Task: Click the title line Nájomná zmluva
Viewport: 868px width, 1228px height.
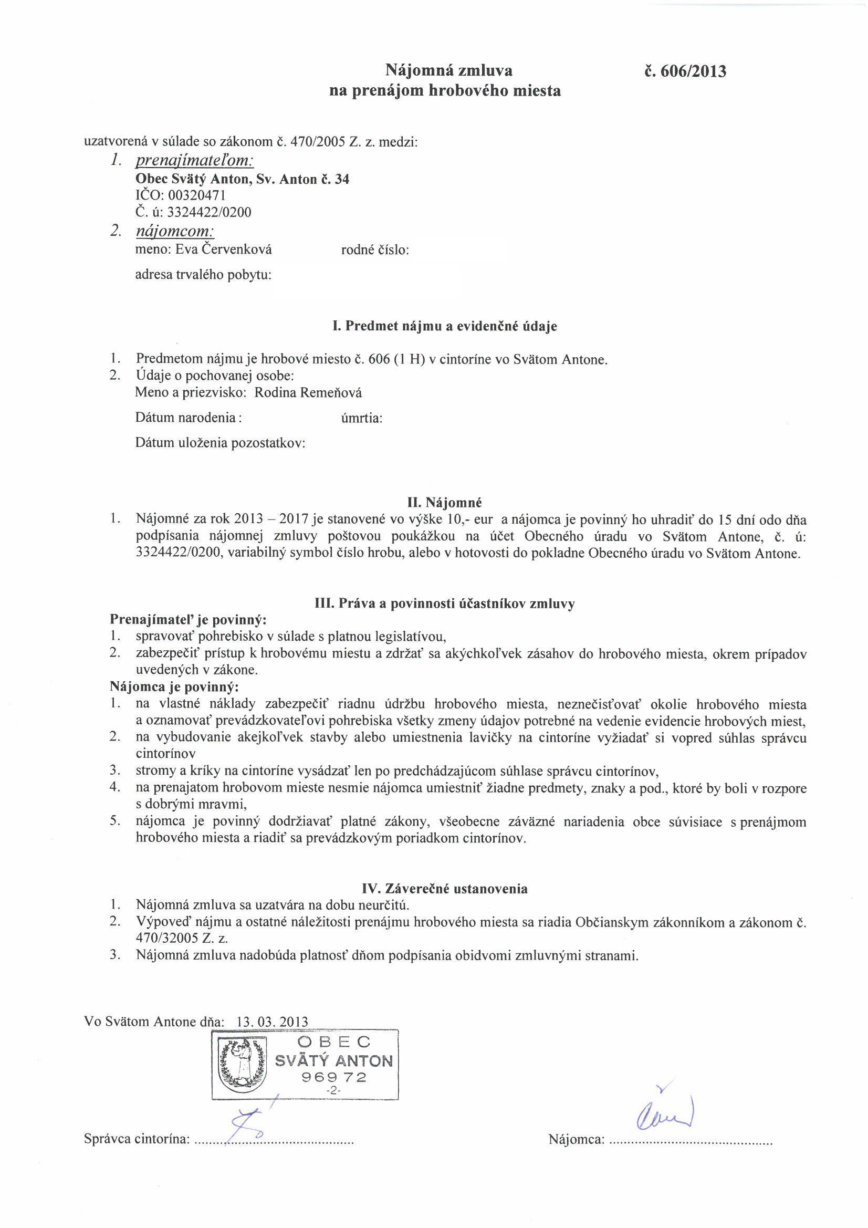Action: pyautogui.click(x=449, y=70)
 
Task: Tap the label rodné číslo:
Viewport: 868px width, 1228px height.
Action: pyautogui.click(x=375, y=250)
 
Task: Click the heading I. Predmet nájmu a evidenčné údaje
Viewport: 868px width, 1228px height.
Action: pyautogui.click(x=445, y=326)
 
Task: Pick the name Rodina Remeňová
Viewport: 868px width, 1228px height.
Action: pyautogui.click(x=308, y=393)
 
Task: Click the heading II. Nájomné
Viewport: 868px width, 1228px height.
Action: pyautogui.click(x=445, y=503)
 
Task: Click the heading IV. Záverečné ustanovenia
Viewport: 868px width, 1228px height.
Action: pyautogui.click(x=445, y=889)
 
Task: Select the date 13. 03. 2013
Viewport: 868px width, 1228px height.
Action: pyautogui.click(x=271, y=1021)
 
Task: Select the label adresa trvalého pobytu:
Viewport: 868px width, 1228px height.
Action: pyautogui.click(x=203, y=275)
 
